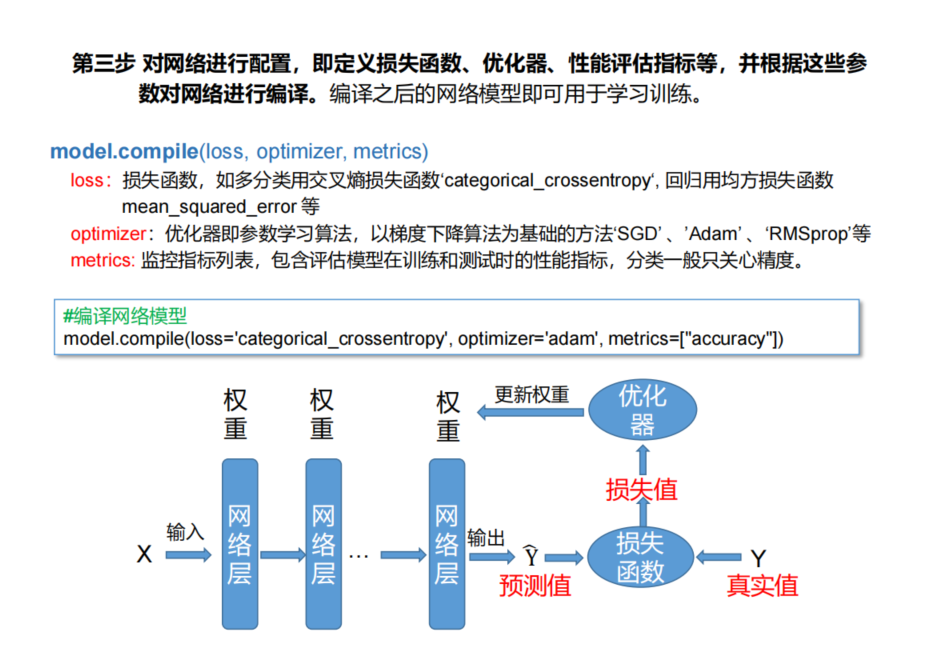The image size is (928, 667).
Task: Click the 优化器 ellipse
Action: [642, 410]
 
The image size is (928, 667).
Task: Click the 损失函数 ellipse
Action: [640, 556]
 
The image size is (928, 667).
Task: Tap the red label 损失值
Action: [641, 489]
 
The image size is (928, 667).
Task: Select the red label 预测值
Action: [535, 585]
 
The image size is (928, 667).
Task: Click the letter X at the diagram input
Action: [144, 554]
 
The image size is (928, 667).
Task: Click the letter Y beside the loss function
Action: [759, 556]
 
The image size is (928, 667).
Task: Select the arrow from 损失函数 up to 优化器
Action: [642, 459]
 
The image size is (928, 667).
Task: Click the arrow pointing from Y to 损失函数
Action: [719, 556]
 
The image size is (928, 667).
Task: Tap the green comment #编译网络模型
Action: [125, 316]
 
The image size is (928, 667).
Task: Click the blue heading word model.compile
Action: [124, 152]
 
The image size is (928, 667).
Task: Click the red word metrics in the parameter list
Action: [101, 260]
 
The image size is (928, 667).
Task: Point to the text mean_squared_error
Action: [209, 207]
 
